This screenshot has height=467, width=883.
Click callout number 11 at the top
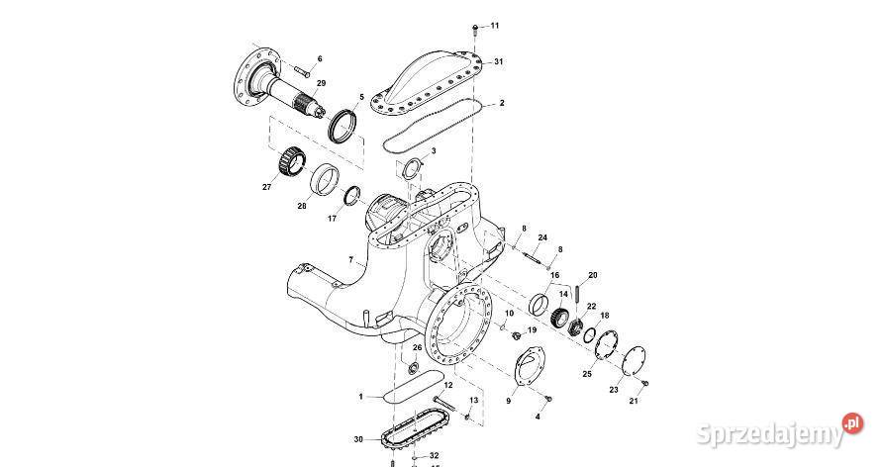coord(495,25)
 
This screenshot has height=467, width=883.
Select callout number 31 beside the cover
coord(499,61)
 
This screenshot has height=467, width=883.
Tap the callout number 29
coord(321,83)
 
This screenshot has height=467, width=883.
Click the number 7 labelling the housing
coord(350,260)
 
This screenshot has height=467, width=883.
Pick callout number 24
coord(542,237)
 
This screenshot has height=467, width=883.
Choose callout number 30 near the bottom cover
coord(357,438)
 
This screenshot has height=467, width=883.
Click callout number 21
coord(634,401)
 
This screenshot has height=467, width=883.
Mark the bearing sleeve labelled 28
coord(323,181)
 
